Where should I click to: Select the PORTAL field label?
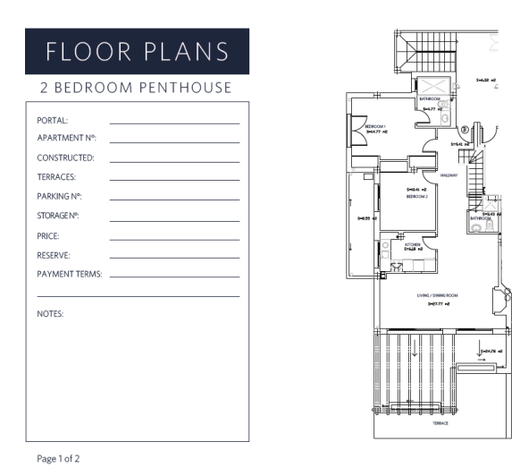(x=53, y=119)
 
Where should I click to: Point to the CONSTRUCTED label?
(x=66, y=157)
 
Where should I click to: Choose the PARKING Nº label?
(x=60, y=197)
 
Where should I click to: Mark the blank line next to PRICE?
(x=174, y=240)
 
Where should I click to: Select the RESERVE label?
(x=54, y=255)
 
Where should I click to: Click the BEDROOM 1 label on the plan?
(x=374, y=127)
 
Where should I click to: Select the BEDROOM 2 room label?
(x=416, y=196)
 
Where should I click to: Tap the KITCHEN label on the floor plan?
(x=413, y=243)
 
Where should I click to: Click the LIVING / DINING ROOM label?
(x=437, y=294)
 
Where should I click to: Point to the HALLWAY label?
(x=449, y=175)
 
